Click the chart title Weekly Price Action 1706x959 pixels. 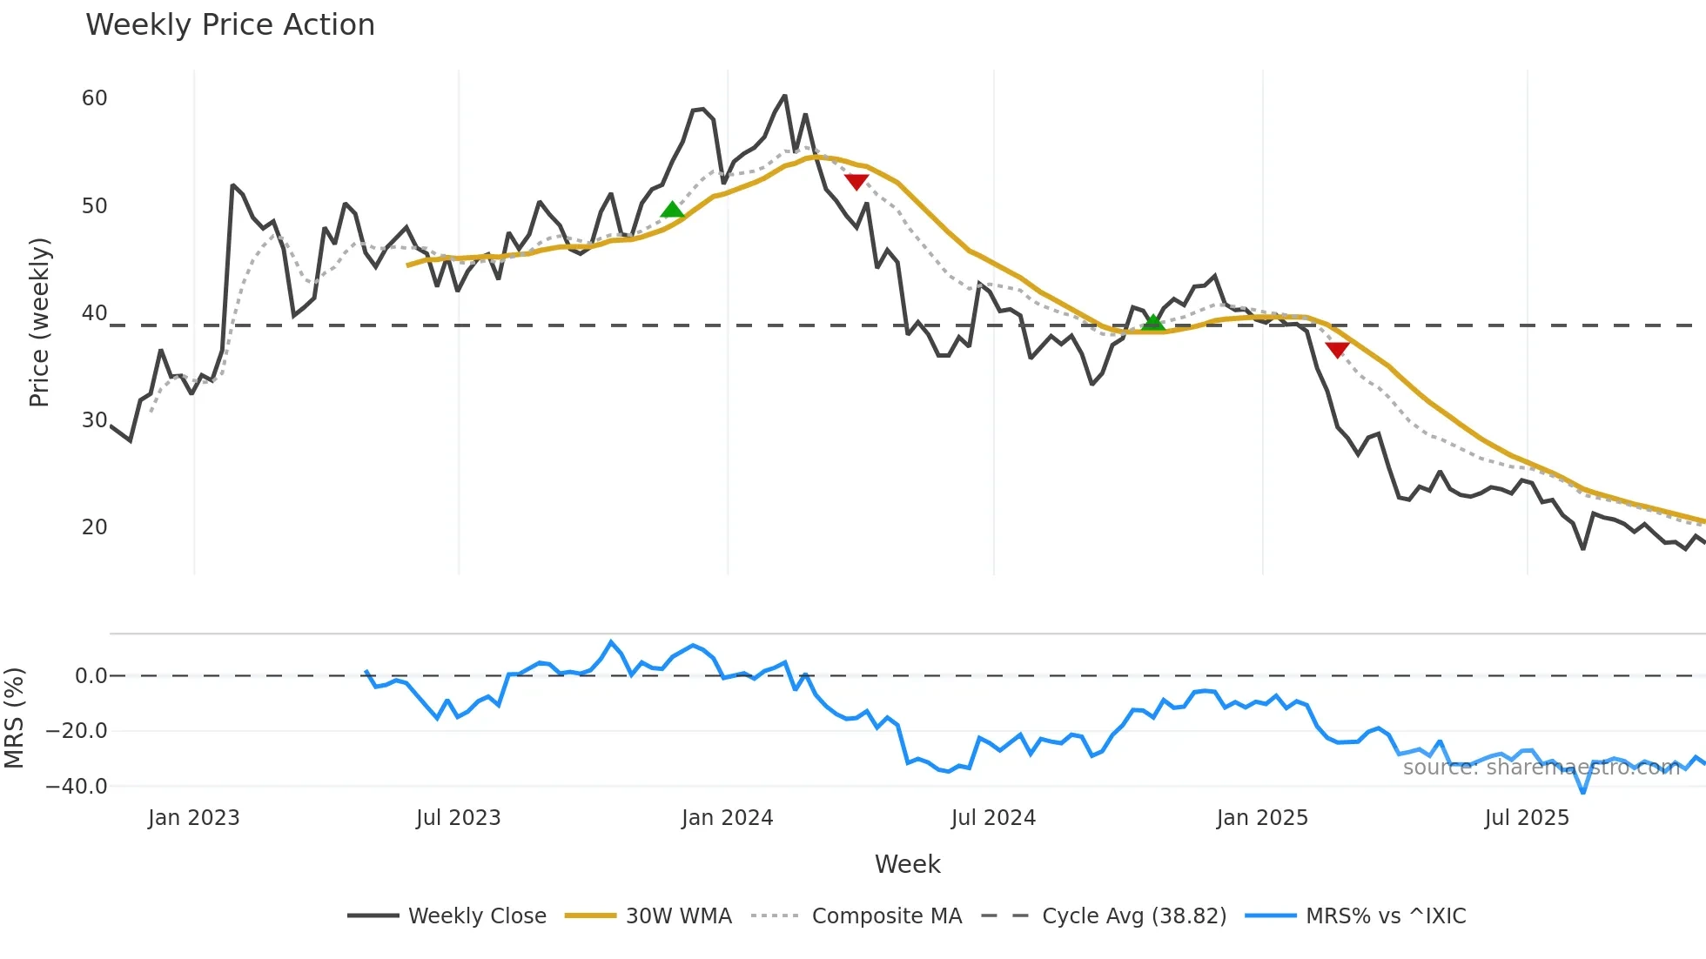coord(230,25)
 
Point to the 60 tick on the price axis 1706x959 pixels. coord(95,98)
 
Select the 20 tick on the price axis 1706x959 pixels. coord(95,527)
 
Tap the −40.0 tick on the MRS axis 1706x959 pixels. coord(77,787)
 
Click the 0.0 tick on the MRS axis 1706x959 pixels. coord(91,676)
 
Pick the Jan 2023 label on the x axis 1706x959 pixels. coord(193,818)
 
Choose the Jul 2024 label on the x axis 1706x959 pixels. coord(993,818)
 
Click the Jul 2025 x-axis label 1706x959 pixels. coord(1527,818)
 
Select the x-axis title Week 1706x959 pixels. coord(907,864)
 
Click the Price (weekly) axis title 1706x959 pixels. coord(40,322)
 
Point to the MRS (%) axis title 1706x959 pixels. coord(15,718)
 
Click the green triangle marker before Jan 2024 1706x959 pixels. coord(672,210)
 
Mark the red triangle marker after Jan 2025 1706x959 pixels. coord(1337,350)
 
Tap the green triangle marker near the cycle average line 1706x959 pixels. coord(1152,323)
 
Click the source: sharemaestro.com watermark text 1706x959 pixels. coord(1541,768)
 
